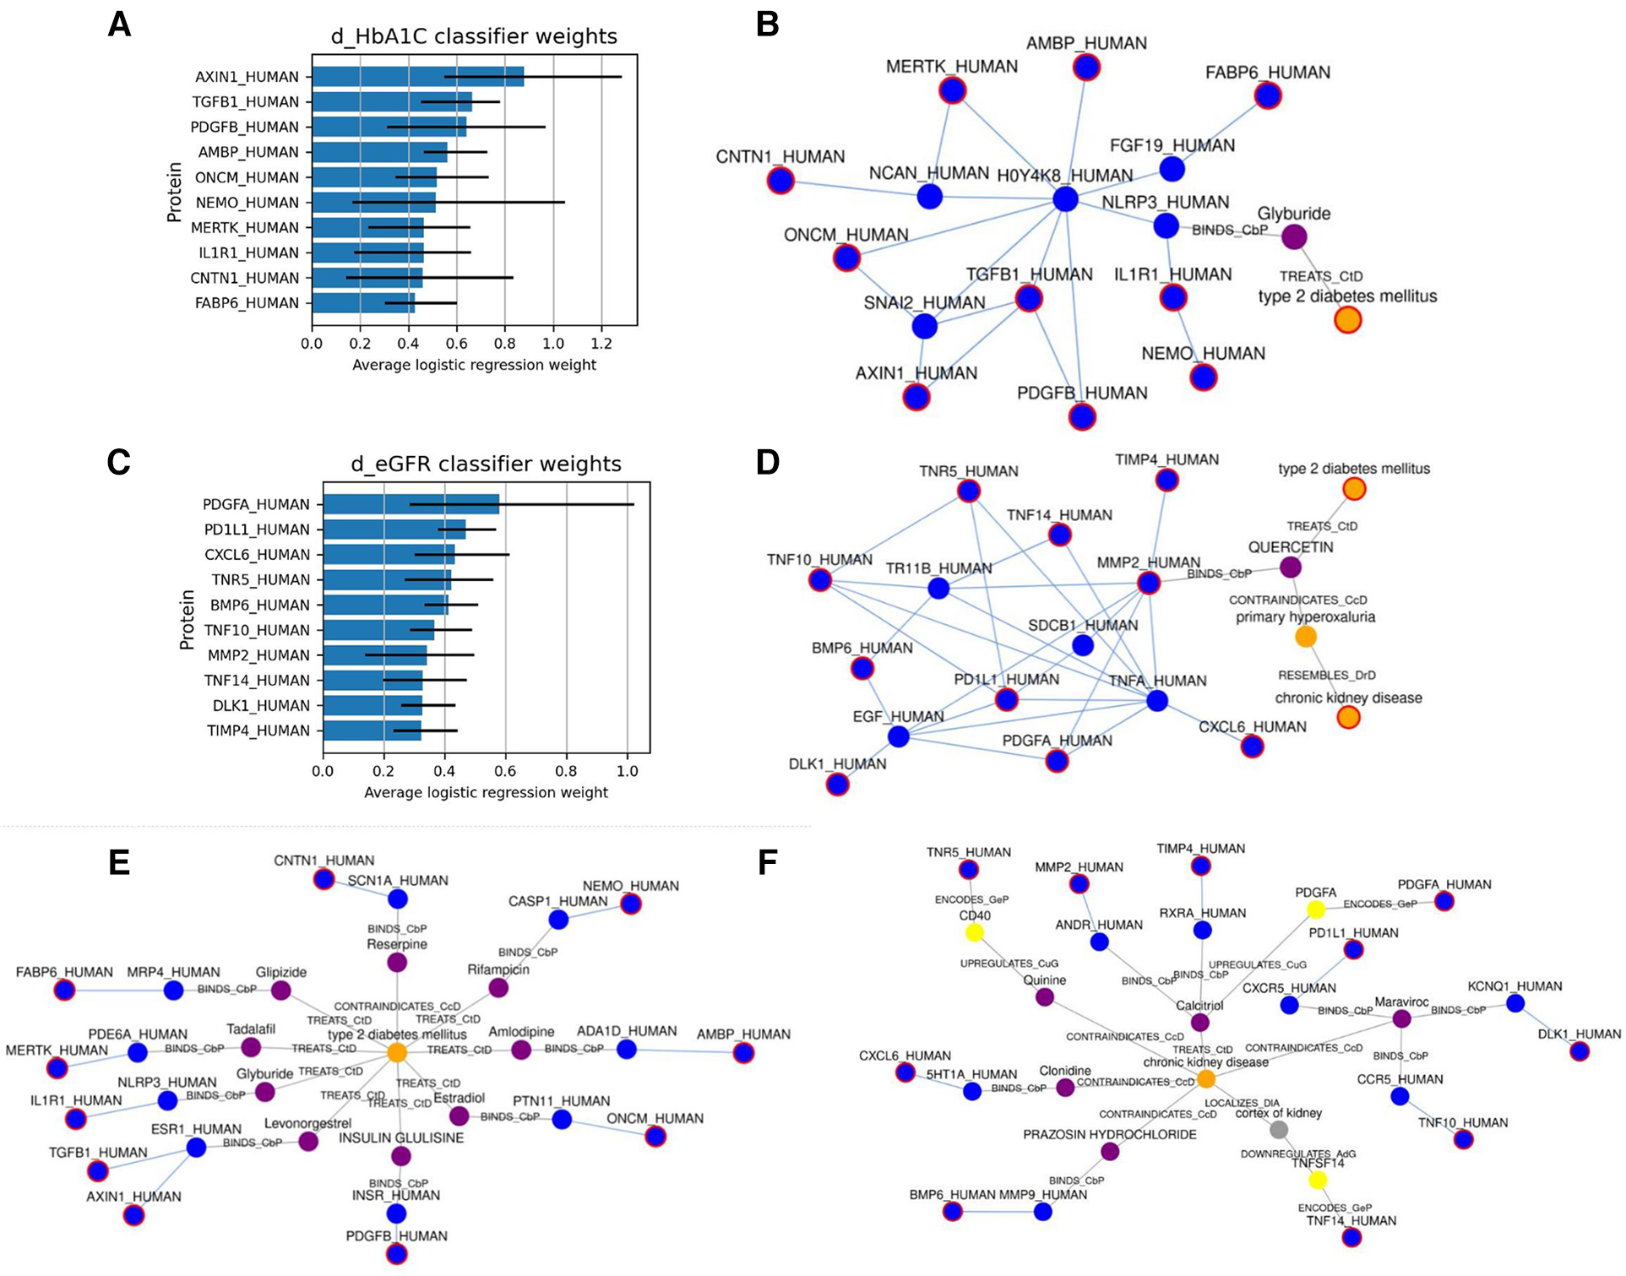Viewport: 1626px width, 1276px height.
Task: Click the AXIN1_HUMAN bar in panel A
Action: tap(418, 77)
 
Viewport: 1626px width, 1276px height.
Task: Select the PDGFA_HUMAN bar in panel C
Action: tap(411, 505)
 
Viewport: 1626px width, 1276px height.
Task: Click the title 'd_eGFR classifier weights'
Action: tap(486, 464)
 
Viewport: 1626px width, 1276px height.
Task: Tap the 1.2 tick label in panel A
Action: tap(601, 344)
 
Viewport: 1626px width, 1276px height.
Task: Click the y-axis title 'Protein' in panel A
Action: tap(175, 192)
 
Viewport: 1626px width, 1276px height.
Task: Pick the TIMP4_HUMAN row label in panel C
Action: tap(258, 730)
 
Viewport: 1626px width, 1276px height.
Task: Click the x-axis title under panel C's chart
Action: tap(486, 792)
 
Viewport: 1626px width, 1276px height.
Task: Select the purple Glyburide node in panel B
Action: tap(1294, 236)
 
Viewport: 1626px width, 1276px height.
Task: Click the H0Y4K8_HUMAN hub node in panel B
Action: tap(1066, 199)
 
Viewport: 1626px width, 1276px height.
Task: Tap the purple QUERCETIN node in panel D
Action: tap(1290, 567)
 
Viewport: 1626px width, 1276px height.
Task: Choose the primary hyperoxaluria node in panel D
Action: tap(1306, 637)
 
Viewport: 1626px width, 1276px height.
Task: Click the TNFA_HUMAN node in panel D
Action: tap(1157, 700)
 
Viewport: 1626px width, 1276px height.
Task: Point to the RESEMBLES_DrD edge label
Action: tap(1326, 675)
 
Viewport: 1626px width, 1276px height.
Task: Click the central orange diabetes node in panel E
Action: tap(397, 1052)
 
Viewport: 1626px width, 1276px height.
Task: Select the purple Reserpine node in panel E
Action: tap(397, 962)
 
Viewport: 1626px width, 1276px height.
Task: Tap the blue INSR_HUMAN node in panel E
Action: tap(396, 1214)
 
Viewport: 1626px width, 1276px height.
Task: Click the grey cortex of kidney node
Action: tap(1279, 1129)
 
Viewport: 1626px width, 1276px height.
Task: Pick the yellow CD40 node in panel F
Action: tap(975, 932)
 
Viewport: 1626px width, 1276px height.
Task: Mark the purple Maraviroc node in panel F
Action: tap(1401, 1018)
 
